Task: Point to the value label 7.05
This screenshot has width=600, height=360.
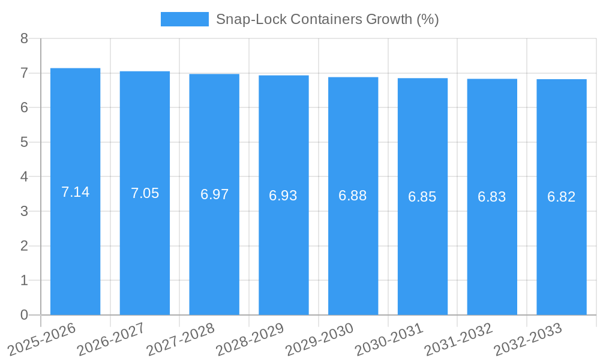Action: [x=145, y=193]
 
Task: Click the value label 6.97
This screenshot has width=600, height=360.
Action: [x=214, y=194]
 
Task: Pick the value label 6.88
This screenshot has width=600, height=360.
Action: [x=353, y=196]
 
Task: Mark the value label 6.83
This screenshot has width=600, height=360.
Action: [x=492, y=197]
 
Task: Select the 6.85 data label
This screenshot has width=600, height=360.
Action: [x=422, y=197]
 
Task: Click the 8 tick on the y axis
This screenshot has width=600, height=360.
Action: [x=24, y=38]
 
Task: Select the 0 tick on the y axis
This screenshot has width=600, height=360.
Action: [x=24, y=315]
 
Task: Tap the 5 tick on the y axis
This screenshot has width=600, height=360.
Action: [x=24, y=142]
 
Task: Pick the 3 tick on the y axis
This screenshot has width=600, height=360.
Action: [x=24, y=211]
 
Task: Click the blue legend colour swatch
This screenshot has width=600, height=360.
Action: [x=185, y=19]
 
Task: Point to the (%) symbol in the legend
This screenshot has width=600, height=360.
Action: [x=428, y=19]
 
